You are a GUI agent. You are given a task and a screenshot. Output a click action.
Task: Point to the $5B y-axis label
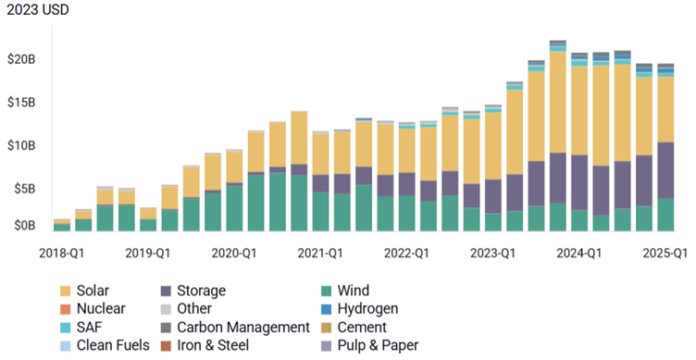click(x=24, y=189)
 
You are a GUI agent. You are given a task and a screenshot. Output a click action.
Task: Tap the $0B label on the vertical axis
click(x=24, y=225)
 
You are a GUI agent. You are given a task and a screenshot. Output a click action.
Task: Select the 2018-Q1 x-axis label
click(x=65, y=253)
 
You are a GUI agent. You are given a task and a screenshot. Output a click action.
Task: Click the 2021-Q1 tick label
click(x=321, y=253)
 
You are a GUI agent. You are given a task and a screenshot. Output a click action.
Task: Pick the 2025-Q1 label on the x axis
click(x=665, y=253)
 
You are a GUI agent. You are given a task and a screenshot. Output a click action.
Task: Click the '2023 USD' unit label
click(x=34, y=10)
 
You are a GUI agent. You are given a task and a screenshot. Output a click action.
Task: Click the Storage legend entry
click(x=201, y=291)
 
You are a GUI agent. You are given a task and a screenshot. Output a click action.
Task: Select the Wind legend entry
click(x=357, y=291)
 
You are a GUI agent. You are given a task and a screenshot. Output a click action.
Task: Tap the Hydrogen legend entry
click(x=367, y=308)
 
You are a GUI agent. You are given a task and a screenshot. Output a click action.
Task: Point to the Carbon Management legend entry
click(x=242, y=327)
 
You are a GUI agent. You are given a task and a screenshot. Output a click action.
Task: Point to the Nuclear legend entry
click(x=103, y=308)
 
